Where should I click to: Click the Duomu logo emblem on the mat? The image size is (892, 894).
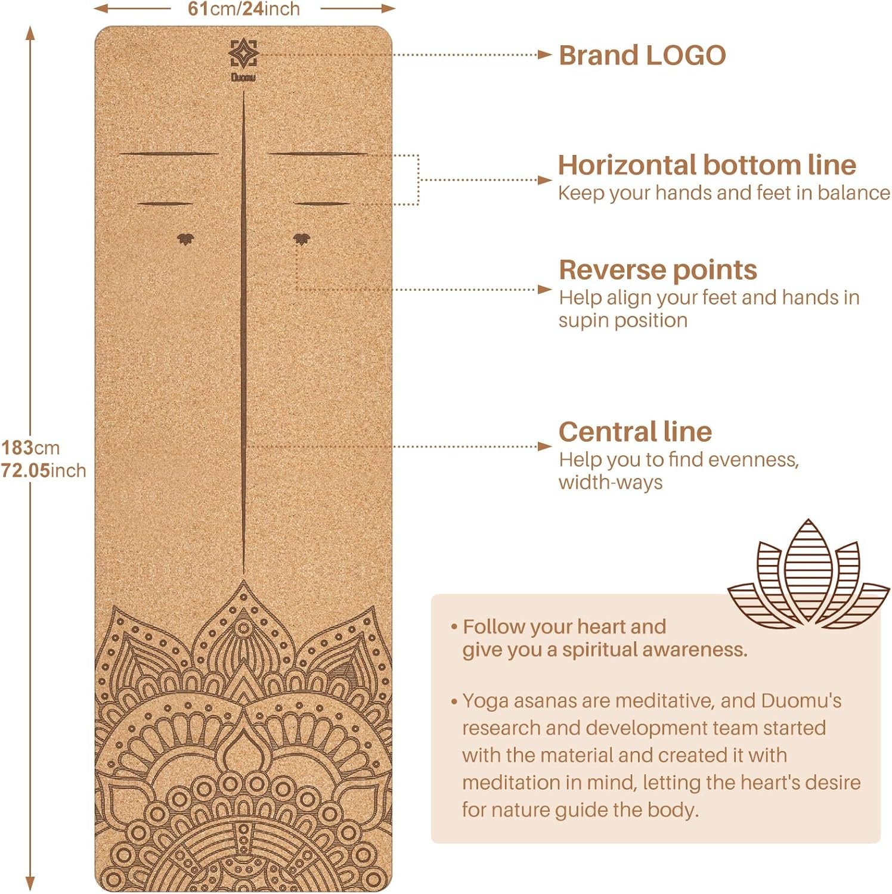pos(243,54)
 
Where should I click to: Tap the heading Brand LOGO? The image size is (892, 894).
pos(642,55)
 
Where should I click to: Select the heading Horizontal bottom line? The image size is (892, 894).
pos(707,165)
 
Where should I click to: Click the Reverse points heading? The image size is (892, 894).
pos(658,270)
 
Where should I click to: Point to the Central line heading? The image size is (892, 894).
pos(635,432)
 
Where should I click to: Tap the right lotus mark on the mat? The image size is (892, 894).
pos(302,239)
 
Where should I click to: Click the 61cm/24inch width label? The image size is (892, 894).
pos(244,9)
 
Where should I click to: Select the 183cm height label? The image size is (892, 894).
pos(30,448)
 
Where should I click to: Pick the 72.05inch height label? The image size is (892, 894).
pos(43,470)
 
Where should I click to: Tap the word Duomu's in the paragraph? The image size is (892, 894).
pos(801,701)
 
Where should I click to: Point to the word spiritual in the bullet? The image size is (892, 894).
pos(606,650)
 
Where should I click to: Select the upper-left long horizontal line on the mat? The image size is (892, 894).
pos(169,154)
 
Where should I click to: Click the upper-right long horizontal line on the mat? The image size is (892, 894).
pos(318,154)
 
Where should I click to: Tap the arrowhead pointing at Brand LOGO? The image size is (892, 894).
pos(544,55)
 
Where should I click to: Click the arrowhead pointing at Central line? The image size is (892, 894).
pos(544,446)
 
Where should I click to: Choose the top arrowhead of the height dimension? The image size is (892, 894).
pos(30,33)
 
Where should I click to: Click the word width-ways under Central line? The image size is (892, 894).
pos(610,482)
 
